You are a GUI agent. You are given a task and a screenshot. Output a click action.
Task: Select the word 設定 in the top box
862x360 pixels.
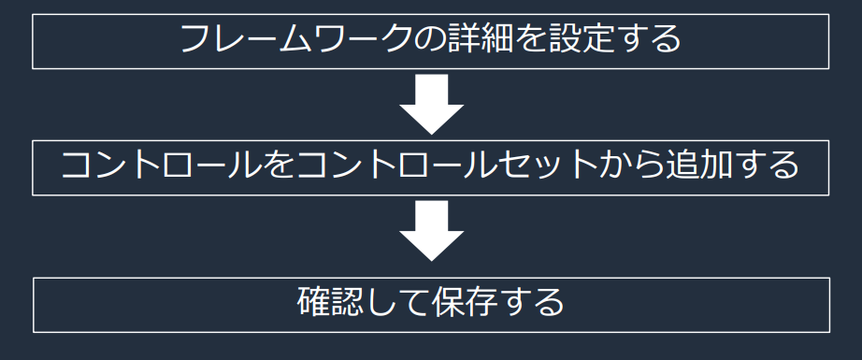(581, 41)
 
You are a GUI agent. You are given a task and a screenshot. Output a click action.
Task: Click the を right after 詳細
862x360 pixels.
(529, 41)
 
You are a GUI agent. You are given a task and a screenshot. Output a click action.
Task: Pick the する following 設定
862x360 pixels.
(649, 41)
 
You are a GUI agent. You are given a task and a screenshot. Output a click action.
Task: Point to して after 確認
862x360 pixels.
(397, 304)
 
